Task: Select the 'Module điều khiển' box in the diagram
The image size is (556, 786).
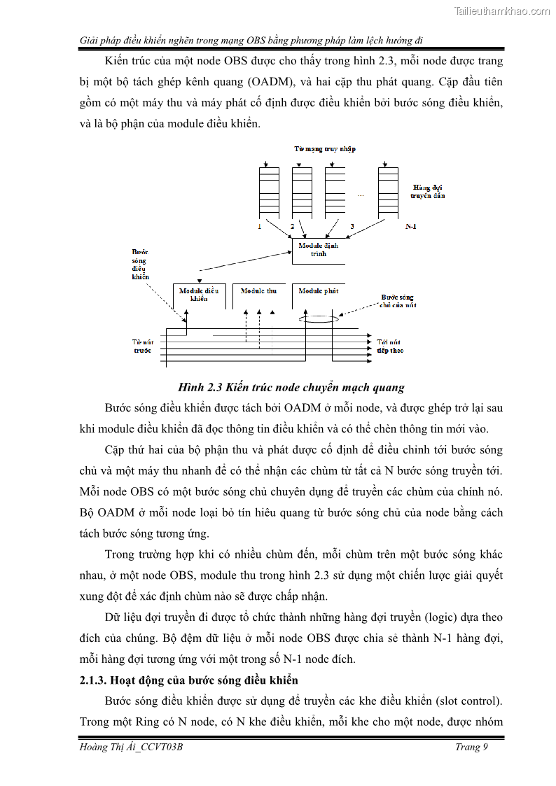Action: (x=199, y=295)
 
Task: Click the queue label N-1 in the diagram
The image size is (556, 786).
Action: (x=411, y=227)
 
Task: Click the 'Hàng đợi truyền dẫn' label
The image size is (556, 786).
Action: (x=429, y=191)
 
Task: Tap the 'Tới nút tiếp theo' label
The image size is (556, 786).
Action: (x=389, y=345)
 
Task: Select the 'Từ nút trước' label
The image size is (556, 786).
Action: (x=142, y=345)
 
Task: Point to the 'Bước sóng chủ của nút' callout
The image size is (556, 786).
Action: (x=398, y=301)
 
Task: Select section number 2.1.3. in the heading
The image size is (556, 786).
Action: (x=102, y=680)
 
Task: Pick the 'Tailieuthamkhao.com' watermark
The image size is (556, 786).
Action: (x=502, y=10)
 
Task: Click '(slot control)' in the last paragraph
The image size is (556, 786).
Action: (x=468, y=701)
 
